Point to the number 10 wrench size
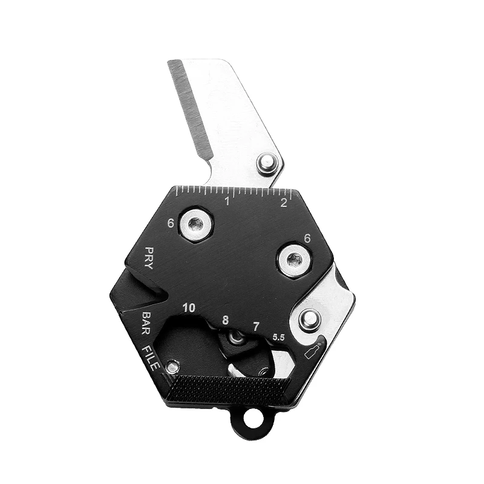point(189,308)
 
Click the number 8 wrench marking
point(225,321)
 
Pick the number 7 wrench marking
point(257,327)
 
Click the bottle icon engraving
point(313,351)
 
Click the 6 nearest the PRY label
point(171,223)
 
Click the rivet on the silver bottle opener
point(309,317)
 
